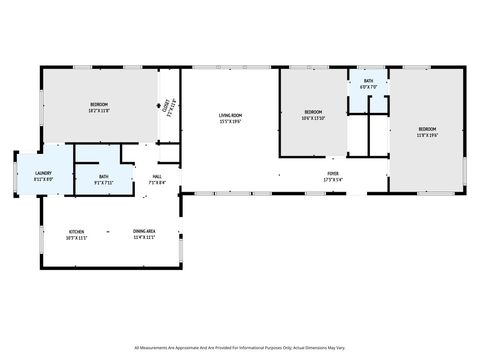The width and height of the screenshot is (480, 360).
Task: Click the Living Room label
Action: (x=231, y=116)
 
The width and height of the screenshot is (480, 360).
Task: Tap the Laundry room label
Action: (x=43, y=173)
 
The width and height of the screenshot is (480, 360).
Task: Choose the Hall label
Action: (x=157, y=176)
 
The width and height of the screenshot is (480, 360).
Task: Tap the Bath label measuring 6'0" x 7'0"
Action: (x=368, y=81)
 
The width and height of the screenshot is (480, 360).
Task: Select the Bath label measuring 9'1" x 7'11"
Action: (x=103, y=176)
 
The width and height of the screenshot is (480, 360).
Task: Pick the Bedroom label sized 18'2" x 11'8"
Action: (x=99, y=104)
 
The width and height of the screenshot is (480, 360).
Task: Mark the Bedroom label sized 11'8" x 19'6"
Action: (x=427, y=129)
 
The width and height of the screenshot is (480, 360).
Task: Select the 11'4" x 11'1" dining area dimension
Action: (x=145, y=237)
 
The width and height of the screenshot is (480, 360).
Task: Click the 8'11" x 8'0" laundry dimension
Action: (x=43, y=179)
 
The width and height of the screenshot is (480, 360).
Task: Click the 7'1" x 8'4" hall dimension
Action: (x=157, y=182)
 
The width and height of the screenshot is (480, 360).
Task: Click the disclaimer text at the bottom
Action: (x=240, y=347)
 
